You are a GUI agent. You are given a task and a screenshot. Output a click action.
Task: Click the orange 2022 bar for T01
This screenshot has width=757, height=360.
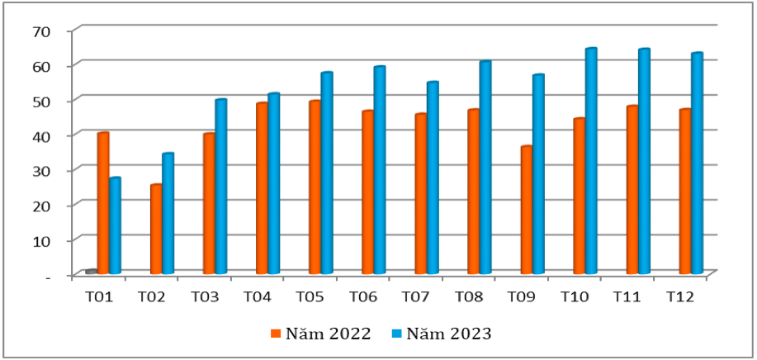pos(103,203)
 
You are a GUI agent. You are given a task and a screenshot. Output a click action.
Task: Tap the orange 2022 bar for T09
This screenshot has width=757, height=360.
pos(526,210)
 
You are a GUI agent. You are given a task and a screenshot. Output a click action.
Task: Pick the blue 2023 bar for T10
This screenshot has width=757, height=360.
pos(591,161)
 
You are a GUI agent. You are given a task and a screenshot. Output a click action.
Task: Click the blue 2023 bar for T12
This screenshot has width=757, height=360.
pos(697,163)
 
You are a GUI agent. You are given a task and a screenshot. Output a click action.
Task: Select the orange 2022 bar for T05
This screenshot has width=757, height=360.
pos(315,187)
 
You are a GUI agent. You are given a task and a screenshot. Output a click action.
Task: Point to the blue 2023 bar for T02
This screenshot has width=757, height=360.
pos(168,213)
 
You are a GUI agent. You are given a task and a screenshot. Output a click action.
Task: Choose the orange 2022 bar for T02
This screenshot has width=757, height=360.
pos(156,229)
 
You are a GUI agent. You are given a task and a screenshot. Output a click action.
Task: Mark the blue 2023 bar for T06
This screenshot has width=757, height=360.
pos(380,170)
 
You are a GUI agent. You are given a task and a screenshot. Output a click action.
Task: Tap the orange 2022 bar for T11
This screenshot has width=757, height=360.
pos(632,190)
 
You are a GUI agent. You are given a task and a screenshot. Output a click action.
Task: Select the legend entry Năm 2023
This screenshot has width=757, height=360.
pos(443,334)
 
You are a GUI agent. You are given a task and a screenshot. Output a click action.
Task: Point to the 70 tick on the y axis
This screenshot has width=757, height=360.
pos(41,30)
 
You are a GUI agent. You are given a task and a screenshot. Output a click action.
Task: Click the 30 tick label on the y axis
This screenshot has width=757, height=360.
pos(41,170)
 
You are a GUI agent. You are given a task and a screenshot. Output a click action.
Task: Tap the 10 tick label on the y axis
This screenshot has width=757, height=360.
pos(41,240)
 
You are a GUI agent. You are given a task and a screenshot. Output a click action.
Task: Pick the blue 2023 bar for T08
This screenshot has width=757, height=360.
pos(485,168)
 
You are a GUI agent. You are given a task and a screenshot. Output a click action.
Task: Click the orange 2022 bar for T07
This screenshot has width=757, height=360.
pos(420,194)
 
